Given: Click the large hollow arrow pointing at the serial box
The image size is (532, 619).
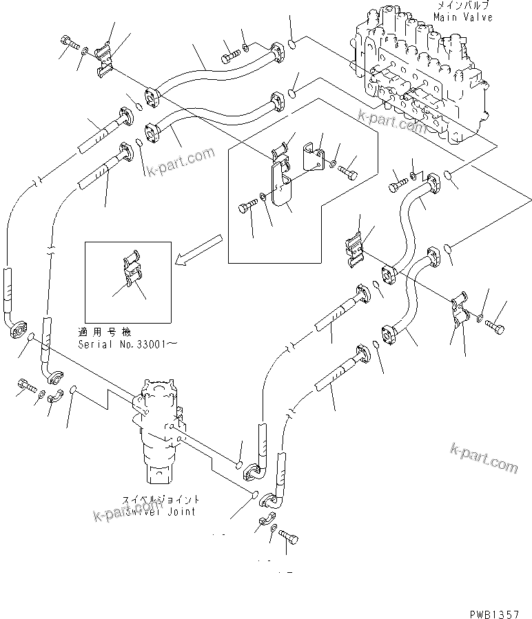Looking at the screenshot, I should pyautogui.click(x=198, y=249).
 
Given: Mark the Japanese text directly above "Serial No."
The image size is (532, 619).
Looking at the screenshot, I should pyautogui.click(x=110, y=332).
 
